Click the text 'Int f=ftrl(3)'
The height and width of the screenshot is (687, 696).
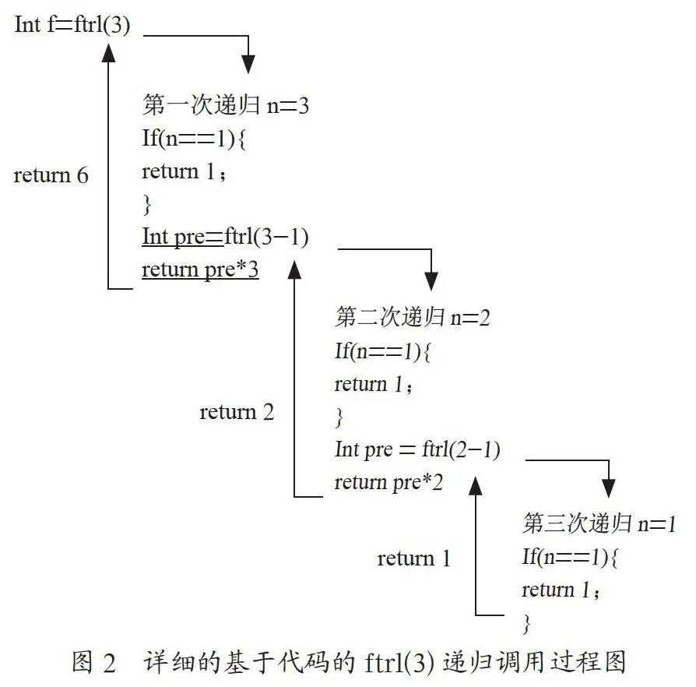[x=72, y=24]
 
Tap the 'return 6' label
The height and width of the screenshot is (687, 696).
[x=51, y=175]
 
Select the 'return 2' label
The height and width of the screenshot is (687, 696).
[x=237, y=412]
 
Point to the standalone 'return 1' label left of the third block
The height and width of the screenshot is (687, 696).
[x=413, y=558]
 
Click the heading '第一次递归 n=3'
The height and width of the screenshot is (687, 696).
[x=226, y=105]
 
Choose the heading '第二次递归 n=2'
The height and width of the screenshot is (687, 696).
[x=413, y=317]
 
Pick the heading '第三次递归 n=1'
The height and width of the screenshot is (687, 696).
[x=599, y=523]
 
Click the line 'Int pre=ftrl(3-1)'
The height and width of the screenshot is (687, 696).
[x=225, y=237]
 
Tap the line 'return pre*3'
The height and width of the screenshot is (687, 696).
[x=200, y=270]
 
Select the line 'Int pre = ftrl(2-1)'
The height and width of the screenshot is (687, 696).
[x=417, y=449]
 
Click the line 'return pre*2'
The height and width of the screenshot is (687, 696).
[x=388, y=482]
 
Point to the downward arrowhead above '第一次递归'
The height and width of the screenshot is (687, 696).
[x=248, y=65]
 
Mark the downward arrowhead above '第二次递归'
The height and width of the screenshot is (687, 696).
[x=431, y=281]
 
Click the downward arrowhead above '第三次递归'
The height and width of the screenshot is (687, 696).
[x=609, y=488]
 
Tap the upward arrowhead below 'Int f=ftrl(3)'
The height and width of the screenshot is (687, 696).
[x=108, y=52]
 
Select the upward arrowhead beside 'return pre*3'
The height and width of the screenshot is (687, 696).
[x=294, y=270]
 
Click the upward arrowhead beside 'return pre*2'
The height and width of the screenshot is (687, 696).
[x=476, y=486]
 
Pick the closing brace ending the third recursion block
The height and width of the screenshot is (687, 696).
[x=526, y=624]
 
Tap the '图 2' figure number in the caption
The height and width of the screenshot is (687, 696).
[x=94, y=662]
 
